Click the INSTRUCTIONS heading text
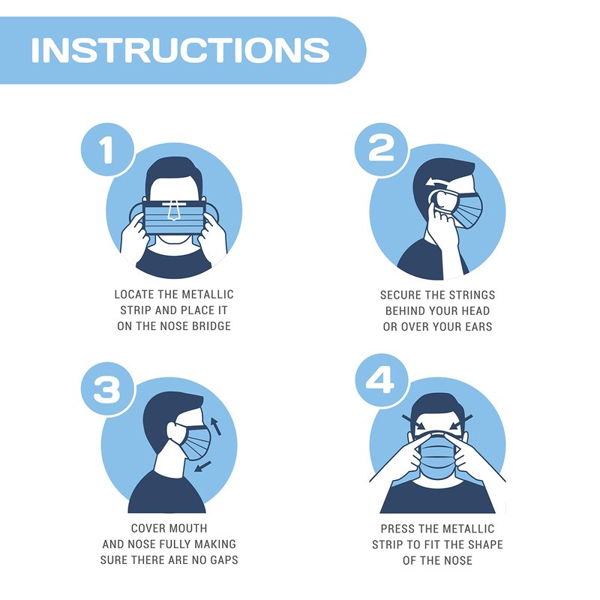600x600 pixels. (x=180, y=50)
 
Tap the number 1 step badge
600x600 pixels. (x=107, y=149)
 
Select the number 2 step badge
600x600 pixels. (x=381, y=148)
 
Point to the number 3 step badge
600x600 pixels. (x=107, y=389)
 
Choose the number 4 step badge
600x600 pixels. (x=381, y=380)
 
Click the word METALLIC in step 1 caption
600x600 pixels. (x=208, y=294)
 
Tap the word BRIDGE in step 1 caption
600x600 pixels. (x=211, y=326)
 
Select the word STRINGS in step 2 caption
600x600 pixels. (x=472, y=295)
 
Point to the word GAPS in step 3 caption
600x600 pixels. (x=224, y=560)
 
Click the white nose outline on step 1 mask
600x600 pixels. (x=174, y=211)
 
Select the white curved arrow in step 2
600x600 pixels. (x=439, y=181)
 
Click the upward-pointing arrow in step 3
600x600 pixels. (x=215, y=426)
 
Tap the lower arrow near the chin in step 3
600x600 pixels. (x=202, y=466)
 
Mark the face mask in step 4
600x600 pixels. (x=437, y=455)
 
